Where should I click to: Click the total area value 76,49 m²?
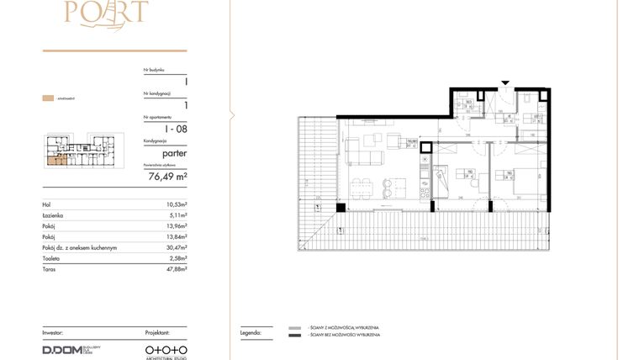[167, 177]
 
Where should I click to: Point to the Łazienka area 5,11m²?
[177, 215]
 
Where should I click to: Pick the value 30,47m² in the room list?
[176, 248]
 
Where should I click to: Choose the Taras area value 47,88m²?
[176, 270]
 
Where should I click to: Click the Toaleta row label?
[52, 259]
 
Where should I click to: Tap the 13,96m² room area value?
[176, 226]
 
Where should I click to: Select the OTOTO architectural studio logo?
[166, 348]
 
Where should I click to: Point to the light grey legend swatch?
[294, 328]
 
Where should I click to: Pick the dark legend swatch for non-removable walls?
[294, 336]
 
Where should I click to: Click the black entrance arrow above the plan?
[504, 83]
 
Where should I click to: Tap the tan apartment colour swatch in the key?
[48, 99]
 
